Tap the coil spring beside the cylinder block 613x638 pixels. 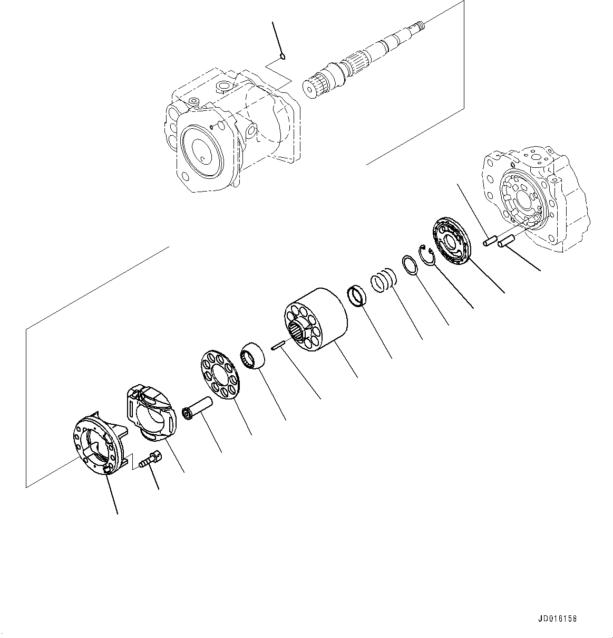pos(384,280)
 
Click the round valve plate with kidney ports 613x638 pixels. pos(451,241)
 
